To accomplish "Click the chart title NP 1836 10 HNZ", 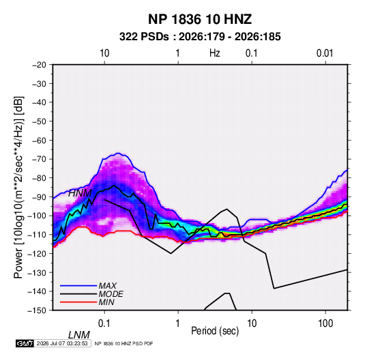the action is tap(200, 19).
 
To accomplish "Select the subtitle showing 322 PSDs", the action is tap(200, 37).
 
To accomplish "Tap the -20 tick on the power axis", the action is tap(39, 65).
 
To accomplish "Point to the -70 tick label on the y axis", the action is tap(39, 159).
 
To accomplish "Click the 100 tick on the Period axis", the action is tap(325, 323).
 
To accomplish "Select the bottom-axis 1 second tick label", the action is tap(178, 323).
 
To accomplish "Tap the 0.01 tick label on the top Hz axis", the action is tap(325, 53).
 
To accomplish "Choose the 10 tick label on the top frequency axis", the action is tap(104, 53).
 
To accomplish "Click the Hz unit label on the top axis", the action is tap(214, 53).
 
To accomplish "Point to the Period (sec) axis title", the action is tap(215, 331).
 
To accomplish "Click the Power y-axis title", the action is tap(18, 187).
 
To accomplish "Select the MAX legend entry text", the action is tap(107, 286).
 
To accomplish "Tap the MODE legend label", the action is tap(111, 294).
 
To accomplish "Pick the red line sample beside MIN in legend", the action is tap(78, 302).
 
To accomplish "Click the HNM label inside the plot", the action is tap(80, 193).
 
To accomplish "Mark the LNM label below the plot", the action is tap(78, 335).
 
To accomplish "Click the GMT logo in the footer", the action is tap(25, 343).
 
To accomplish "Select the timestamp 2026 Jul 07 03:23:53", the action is tap(62, 343).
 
